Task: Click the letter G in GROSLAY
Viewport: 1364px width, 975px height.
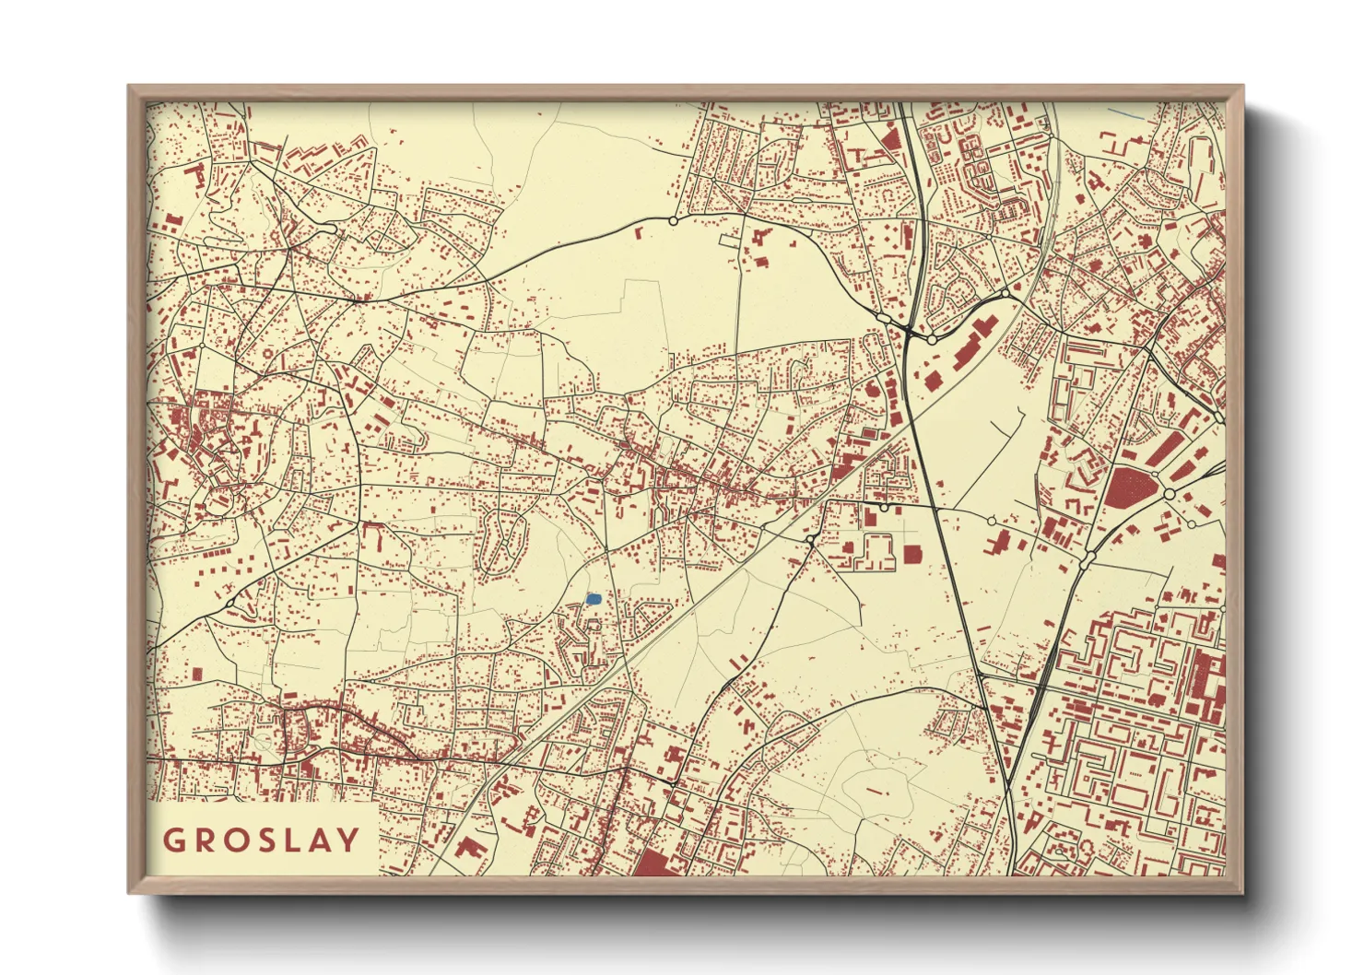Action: point(173,840)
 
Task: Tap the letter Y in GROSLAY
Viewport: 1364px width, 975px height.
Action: point(348,840)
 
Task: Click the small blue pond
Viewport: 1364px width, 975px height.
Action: point(594,599)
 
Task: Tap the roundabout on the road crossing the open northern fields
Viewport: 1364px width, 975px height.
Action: point(673,221)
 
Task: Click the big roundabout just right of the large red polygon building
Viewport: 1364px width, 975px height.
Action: point(1170,495)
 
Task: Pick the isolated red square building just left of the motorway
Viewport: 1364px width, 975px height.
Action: point(912,553)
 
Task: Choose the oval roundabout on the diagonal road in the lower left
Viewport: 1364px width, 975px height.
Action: point(229,603)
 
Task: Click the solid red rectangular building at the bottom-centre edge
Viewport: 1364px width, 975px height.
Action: point(653,863)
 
